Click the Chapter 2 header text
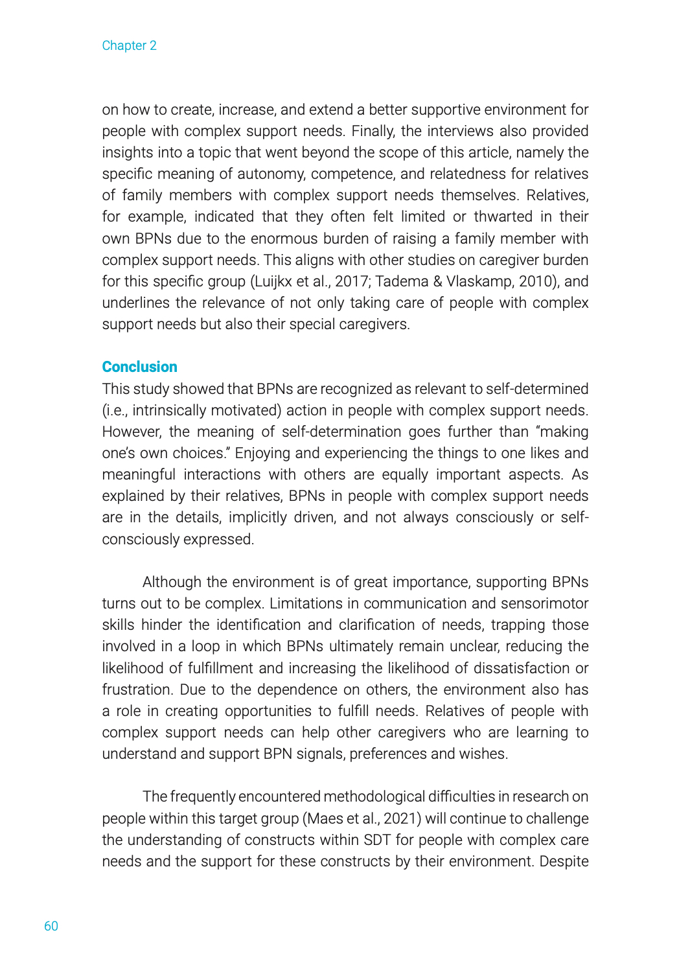129,45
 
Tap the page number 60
51,926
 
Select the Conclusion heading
139,367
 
